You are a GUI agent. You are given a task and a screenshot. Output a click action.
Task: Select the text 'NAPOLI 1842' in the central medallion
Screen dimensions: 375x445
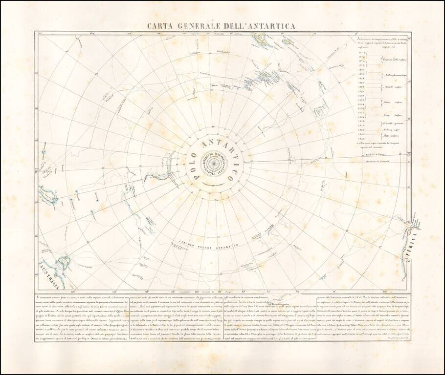pyautogui.click(x=216, y=172)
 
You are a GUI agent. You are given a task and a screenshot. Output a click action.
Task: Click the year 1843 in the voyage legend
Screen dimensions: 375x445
pyautogui.click(x=362, y=139)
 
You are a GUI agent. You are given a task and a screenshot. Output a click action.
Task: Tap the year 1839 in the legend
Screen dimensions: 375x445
pyautogui.click(x=362, y=125)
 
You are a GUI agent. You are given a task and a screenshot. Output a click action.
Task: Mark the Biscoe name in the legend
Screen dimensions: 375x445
pyautogui.click(x=386, y=102)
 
